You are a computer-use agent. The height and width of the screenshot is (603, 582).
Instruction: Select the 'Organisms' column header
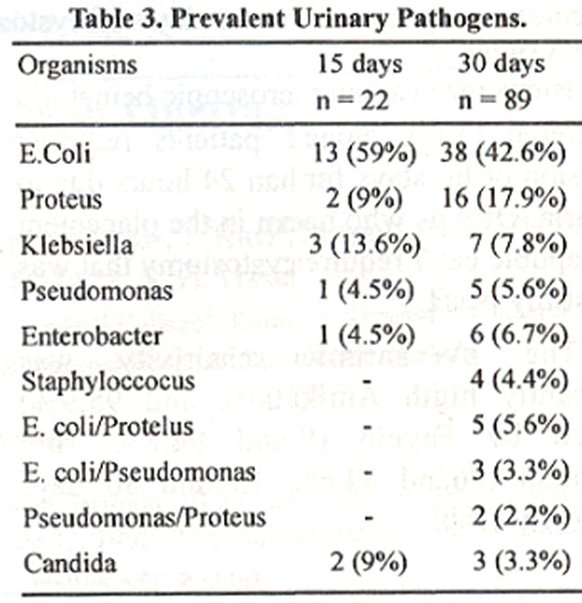click(x=78, y=66)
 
